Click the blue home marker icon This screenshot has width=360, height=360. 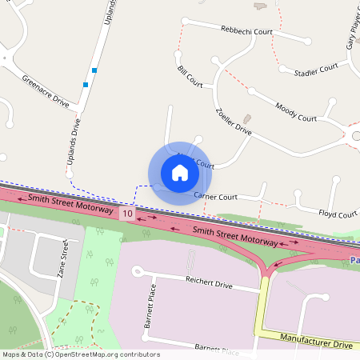pyautogui.click(x=180, y=173)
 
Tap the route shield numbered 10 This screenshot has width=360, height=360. pyautogui.click(x=127, y=214)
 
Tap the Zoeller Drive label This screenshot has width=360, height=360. pyautogui.click(x=234, y=120)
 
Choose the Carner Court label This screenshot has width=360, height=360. pyautogui.click(x=216, y=196)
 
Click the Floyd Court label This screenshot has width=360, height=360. pyautogui.click(x=338, y=214)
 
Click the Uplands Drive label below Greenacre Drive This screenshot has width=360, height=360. pyautogui.click(x=72, y=146)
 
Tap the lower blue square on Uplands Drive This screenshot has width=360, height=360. pyautogui.click(x=85, y=84)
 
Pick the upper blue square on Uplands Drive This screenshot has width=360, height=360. pyautogui.click(x=95, y=71)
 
